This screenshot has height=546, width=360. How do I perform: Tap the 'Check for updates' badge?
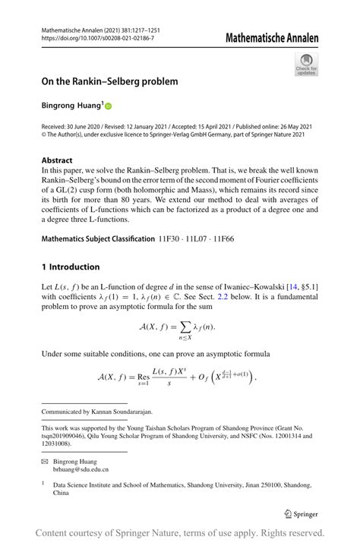click(306, 65)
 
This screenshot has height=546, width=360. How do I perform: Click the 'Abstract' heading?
click(57, 161)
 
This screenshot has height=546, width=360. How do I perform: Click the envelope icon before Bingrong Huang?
click(45, 462)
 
